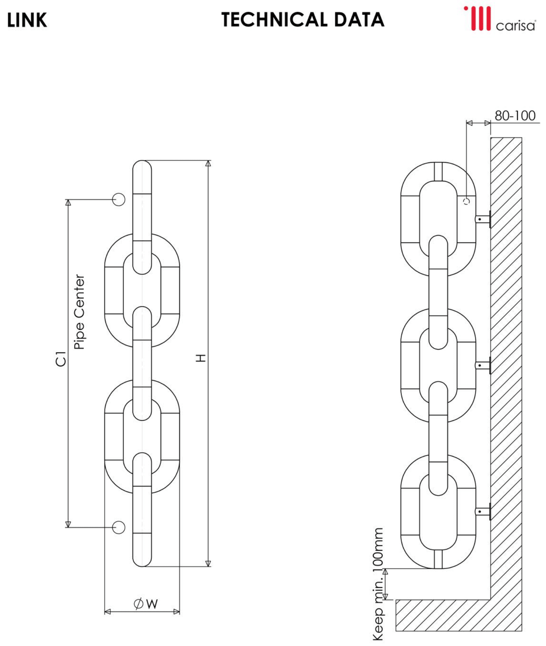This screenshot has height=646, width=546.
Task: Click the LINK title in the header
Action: pyautogui.click(x=27, y=20)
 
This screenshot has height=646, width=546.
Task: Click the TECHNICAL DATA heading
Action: pyautogui.click(x=303, y=20)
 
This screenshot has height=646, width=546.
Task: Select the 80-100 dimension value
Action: pyautogui.click(x=515, y=116)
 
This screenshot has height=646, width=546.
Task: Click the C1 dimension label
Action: pyautogui.click(x=61, y=359)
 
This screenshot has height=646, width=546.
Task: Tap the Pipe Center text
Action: pyautogui.click(x=79, y=312)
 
